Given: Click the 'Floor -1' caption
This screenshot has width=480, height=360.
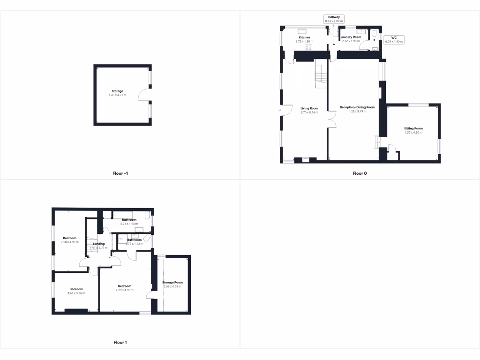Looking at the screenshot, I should [120, 173].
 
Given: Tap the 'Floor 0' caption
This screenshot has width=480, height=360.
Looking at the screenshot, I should [360, 173].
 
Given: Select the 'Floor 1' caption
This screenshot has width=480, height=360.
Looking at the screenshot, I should [120, 343].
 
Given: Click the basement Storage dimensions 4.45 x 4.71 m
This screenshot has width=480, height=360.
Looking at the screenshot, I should [117, 95].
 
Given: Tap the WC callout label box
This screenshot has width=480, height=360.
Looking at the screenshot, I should [394, 39].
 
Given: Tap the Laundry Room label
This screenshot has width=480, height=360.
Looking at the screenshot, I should [351, 37].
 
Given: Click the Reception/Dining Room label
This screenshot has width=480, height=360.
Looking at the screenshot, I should [357, 107].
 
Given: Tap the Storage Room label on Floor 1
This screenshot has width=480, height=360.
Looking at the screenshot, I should [172, 283].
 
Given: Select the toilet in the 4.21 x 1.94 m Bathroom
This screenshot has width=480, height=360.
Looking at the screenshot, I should [147, 217].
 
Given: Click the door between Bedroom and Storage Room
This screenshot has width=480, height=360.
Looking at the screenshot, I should [151, 295].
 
